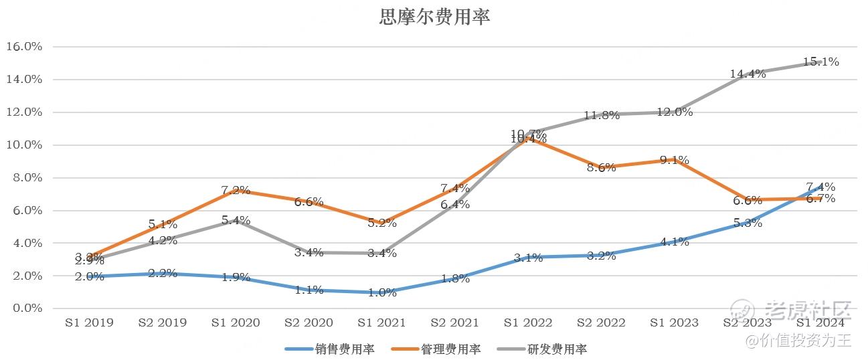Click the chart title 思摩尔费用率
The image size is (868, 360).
[434, 17]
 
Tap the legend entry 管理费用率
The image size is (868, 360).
[450, 349]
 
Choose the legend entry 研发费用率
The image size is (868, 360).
[557, 349]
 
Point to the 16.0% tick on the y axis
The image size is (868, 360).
[24, 47]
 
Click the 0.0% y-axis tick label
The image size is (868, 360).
[27, 308]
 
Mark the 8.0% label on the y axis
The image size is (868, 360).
[27, 178]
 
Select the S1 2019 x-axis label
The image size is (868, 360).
[89, 323]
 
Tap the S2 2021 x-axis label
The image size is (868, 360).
[455, 323]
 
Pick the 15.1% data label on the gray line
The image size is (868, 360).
[820, 62]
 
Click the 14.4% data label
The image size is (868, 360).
[748, 74]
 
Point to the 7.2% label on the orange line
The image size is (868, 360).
[236, 190]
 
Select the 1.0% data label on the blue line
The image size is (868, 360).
[382, 292]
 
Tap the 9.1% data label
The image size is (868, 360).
[675, 160]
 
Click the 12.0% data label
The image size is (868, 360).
[675, 112]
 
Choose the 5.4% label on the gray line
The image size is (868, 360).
[236, 220]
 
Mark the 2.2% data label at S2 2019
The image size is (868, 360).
[163, 273]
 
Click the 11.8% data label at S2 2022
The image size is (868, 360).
[601, 115]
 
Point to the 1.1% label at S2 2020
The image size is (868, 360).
[309, 290]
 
